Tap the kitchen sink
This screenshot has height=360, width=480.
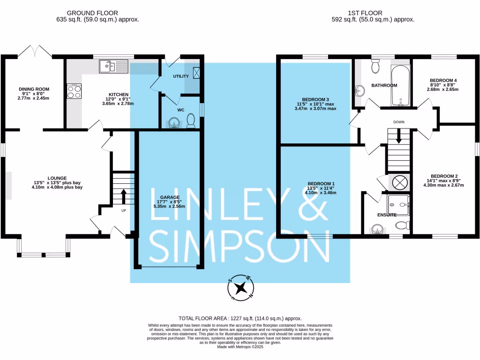[x=113, y=67]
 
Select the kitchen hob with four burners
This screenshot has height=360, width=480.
[x=74, y=91]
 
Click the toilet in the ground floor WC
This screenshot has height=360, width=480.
[x=191, y=122]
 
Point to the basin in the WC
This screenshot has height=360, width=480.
[x=174, y=123]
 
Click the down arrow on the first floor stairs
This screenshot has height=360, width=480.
[x=399, y=136]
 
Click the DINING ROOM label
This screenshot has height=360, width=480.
[x=34, y=89]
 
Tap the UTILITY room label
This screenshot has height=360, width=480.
[x=180, y=76]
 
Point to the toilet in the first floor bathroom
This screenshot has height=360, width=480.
[x=375, y=68]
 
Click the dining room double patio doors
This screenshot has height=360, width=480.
[x=39, y=52]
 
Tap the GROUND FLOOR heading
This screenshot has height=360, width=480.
[x=92, y=13]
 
